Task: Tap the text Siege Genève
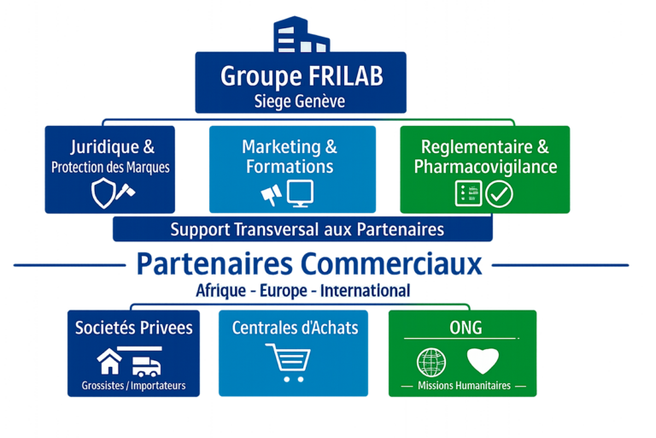300,100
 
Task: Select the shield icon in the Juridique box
102,193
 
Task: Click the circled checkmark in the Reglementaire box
500,193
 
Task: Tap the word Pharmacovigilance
485,167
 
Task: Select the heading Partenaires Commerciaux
309,264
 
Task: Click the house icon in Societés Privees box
109,362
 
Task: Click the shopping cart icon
287,358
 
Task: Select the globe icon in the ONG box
431,361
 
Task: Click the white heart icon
483,360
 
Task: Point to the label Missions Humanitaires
464,386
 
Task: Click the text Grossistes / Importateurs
133,386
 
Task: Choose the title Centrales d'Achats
295,328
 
